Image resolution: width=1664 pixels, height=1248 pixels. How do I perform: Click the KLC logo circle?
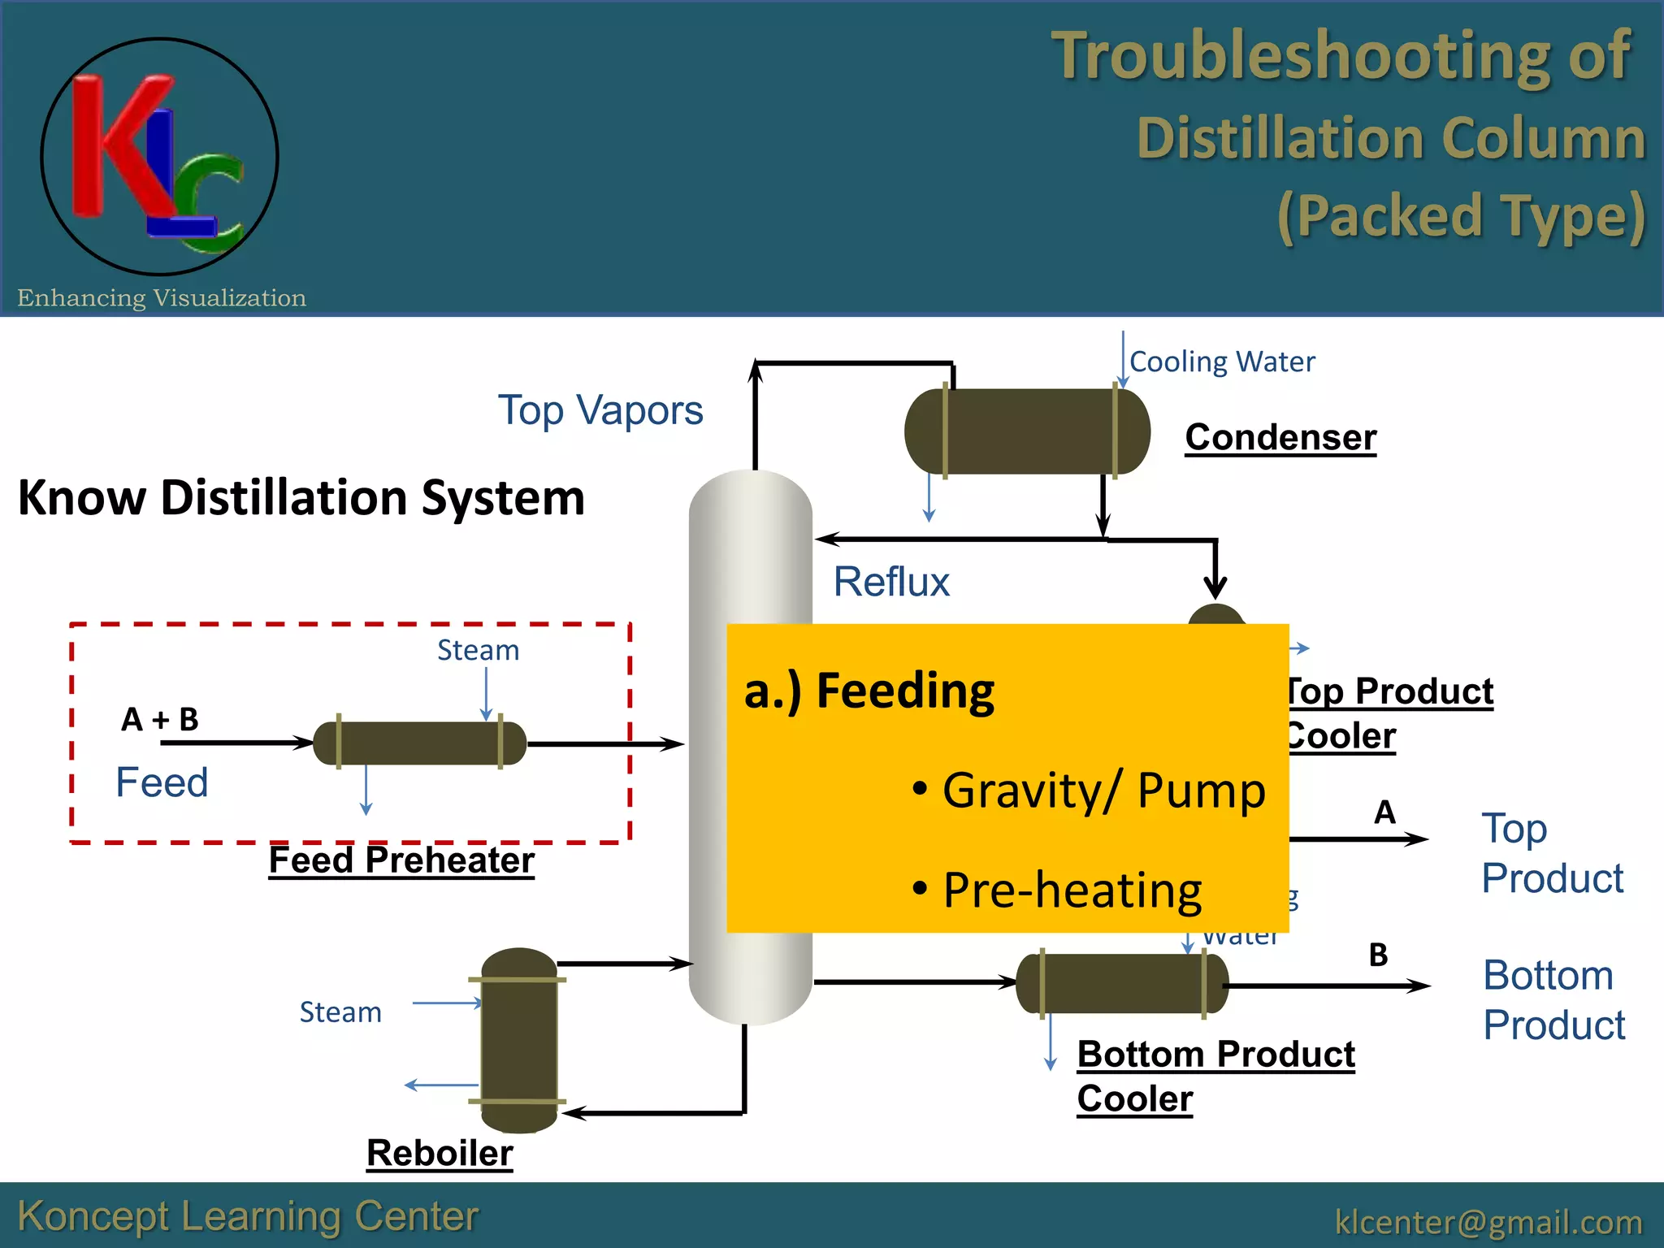(x=159, y=156)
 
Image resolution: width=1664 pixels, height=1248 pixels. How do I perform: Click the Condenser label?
(x=1280, y=437)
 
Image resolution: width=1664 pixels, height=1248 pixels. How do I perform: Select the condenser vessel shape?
(x=1027, y=431)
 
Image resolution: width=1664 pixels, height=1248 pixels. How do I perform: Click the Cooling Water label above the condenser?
(x=1221, y=362)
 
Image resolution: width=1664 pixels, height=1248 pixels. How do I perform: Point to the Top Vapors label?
(x=600, y=409)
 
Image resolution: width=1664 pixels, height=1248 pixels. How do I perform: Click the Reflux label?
(x=891, y=582)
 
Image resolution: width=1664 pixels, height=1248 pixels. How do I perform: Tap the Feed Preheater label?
(x=401, y=860)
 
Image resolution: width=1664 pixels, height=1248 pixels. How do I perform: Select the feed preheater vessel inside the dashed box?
(x=419, y=743)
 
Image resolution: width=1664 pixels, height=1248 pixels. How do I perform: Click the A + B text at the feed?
(x=160, y=719)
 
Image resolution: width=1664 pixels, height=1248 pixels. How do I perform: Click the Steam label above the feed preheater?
(x=478, y=650)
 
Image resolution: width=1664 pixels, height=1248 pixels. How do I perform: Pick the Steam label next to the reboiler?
(x=340, y=1012)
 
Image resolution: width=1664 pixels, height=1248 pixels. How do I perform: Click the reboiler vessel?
(x=518, y=1040)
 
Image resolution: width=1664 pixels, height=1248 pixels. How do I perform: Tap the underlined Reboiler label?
(x=440, y=1152)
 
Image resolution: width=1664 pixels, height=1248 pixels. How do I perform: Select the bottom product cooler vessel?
(x=1122, y=984)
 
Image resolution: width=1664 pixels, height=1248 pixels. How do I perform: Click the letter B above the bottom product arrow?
(x=1378, y=955)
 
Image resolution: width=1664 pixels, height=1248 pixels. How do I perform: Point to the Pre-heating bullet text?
(x=1072, y=890)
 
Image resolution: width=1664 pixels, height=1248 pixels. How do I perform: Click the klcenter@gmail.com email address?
(x=1488, y=1221)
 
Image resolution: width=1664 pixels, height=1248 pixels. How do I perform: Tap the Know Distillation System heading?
(x=301, y=497)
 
